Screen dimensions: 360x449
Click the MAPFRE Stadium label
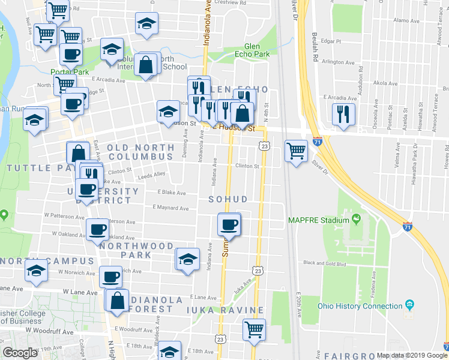[x=318, y=220]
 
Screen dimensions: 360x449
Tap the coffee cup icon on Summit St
[x=229, y=225]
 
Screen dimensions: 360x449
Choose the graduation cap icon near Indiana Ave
[x=188, y=260]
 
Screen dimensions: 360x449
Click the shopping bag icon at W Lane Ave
[x=118, y=301]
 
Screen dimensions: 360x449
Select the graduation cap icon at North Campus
[x=36, y=271]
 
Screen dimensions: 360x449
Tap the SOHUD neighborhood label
[x=228, y=199]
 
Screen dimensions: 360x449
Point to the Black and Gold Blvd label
[x=325, y=263]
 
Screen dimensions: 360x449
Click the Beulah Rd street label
[x=313, y=50]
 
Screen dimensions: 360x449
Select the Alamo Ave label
[x=406, y=20]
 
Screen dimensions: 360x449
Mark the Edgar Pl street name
[x=331, y=41]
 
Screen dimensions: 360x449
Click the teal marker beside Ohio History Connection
[x=409, y=305]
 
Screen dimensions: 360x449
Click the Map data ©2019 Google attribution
[x=411, y=355]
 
